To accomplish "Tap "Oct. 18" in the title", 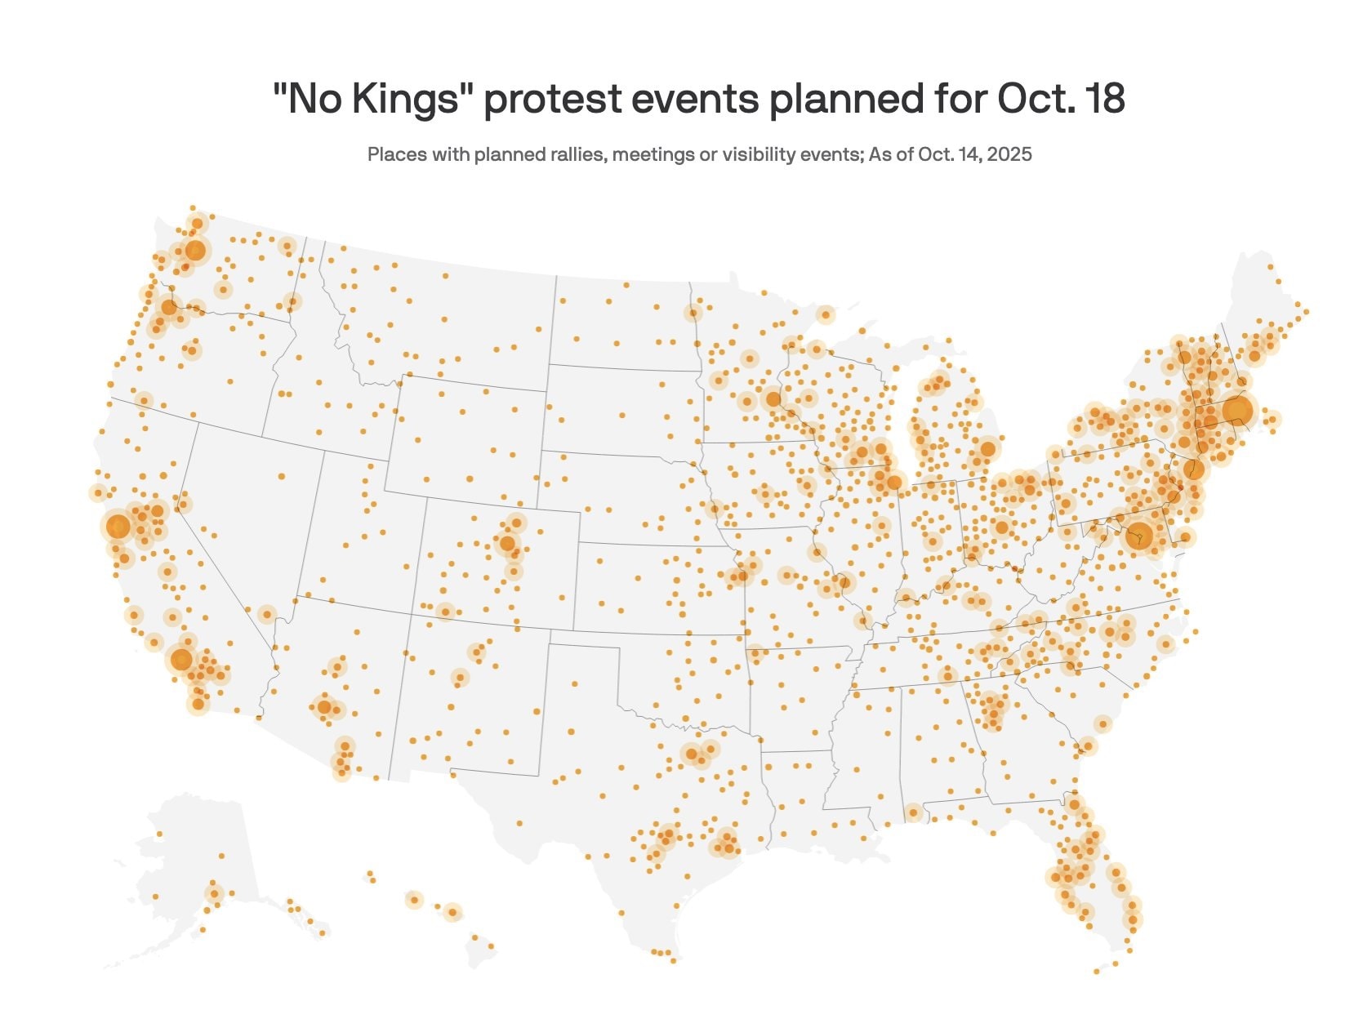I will [1061, 100].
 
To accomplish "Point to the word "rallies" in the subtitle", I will [577, 154].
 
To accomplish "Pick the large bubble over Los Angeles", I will [181, 659].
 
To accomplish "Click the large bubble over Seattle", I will [194, 250].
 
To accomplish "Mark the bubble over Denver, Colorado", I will [507, 543].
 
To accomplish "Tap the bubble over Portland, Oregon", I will [168, 307].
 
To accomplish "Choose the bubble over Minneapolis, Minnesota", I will [773, 399].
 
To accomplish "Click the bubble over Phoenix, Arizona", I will [324, 707].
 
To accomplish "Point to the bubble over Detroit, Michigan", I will [988, 448].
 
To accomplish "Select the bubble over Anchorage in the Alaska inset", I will [214, 892].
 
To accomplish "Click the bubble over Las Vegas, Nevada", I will [267, 614].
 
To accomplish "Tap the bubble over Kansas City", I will [742, 576].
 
